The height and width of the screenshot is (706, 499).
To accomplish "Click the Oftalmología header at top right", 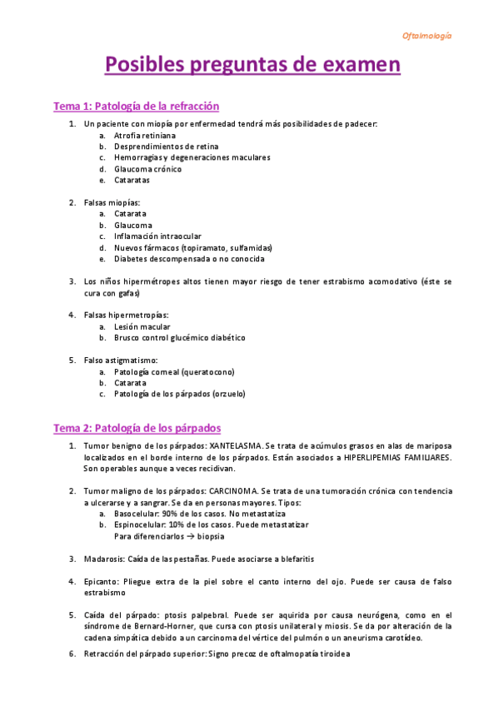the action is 427,36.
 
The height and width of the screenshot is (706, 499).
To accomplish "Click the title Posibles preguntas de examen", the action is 252,65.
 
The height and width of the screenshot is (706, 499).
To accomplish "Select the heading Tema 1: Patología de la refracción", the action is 136,106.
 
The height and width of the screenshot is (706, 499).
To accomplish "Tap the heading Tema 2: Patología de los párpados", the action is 137,428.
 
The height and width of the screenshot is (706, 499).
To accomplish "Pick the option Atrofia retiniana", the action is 145,135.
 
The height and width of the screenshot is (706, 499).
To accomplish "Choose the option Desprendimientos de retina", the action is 160,147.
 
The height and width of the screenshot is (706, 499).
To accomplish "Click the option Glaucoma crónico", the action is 147,169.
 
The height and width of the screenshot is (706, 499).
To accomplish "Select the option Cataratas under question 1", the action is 133,180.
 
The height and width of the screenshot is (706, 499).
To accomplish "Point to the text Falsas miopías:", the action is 112,202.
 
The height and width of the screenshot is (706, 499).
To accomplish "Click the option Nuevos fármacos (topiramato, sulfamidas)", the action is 193,247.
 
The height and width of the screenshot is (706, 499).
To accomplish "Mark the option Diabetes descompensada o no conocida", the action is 189,259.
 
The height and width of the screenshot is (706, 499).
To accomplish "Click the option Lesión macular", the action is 142,326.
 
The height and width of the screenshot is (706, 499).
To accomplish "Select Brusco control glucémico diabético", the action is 180,338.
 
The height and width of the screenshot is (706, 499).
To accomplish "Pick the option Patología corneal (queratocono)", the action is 174,371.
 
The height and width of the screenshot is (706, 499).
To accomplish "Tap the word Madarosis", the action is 104,559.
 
